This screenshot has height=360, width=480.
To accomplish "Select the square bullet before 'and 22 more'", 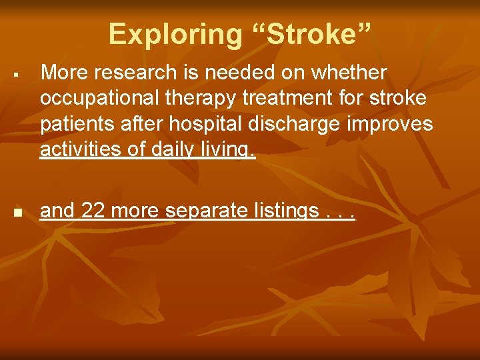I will tap(18, 213).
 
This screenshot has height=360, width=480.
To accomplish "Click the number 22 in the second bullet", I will tap(91, 211).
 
